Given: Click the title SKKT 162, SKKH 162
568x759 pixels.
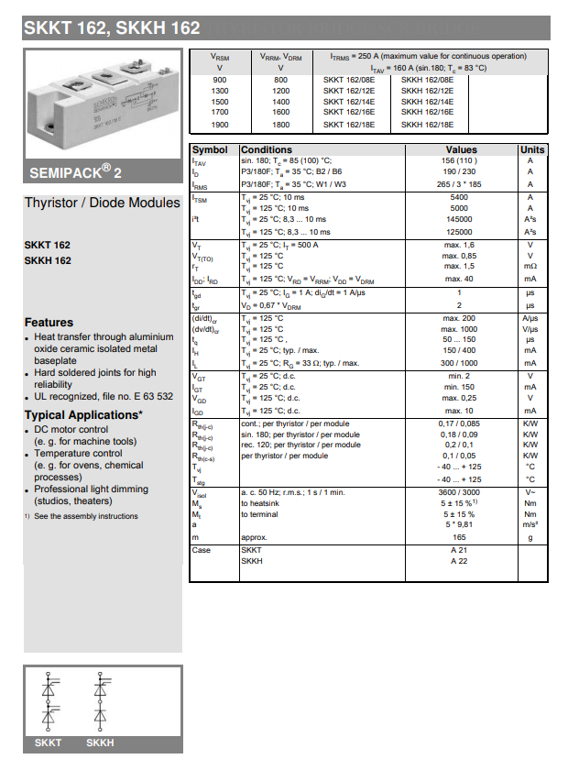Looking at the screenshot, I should (112, 27).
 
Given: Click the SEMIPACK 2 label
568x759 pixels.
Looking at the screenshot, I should (75, 171).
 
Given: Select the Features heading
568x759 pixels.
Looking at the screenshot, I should (49, 323).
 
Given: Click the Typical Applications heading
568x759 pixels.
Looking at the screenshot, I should (83, 415).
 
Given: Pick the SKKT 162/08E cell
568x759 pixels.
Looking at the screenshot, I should (349, 80).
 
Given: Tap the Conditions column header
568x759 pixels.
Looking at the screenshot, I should (267, 149).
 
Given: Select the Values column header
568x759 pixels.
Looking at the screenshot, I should (461, 149).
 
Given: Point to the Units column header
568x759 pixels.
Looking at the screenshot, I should (531, 149).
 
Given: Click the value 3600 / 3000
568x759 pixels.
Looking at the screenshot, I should (459, 492).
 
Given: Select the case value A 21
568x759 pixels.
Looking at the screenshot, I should (459, 549).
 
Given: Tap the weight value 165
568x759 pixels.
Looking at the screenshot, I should (459, 536).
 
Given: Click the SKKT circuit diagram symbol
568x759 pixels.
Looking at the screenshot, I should (48, 705).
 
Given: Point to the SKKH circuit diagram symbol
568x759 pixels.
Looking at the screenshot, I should (100, 705).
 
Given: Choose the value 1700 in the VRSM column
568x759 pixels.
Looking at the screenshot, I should (220, 113).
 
